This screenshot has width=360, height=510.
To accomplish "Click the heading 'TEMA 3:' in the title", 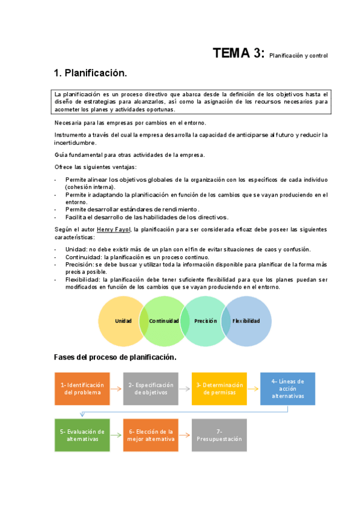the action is pyautogui.click(x=238, y=54).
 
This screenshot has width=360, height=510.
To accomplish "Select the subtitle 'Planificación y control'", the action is pyautogui.click(x=299, y=56).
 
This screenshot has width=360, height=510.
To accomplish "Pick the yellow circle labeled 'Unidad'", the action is pyautogui.click(x=120, y=321).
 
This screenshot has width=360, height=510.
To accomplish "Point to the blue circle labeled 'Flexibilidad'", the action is pyautogui.click(x=247, y=321).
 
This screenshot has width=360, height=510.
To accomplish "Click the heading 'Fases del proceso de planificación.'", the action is pyautogui.click(x=115, y=357).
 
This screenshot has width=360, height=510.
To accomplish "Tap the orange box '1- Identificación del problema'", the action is pyautogui.click(x=82, y=389).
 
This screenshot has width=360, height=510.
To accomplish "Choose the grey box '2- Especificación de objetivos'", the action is pyautogui.click(x=151, y=389).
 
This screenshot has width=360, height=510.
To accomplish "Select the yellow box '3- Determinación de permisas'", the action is pyautogui.click(x=219, y=389).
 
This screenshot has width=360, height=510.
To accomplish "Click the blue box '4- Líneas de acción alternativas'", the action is pyautogui.click(x=287, y=389).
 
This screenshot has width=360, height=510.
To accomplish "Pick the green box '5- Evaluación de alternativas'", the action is pyautogui.click(x=82, y=435).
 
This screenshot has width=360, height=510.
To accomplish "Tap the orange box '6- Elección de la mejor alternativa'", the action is pyautogui.click(x=151, y=435).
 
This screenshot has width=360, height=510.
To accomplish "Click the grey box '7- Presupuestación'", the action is pyautogui.click(x=219, y=435).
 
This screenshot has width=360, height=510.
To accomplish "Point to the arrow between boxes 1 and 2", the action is pyautogui.click(x=117, y=389).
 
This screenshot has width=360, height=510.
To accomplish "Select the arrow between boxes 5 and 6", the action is pyautogui.click(x=117, y=435).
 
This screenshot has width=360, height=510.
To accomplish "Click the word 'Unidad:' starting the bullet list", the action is pyautogui.click(x=76, y=250).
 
